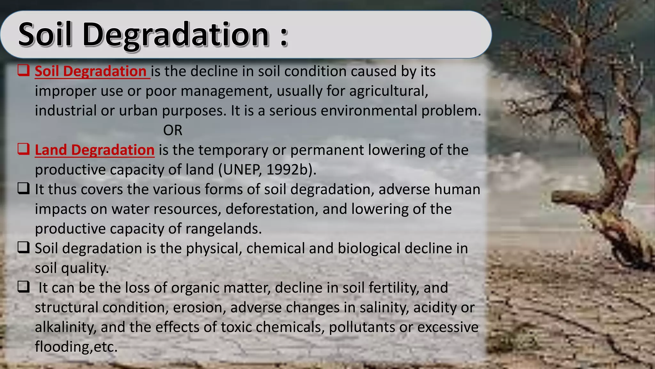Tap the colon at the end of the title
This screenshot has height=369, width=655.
[x=284, y=37]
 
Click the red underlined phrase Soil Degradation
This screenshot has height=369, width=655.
[x=91, y=71]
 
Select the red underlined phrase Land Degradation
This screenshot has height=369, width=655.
[x=94, y=150]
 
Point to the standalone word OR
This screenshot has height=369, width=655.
[x=173, y=130]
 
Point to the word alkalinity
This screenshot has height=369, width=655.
[x=66, y=327]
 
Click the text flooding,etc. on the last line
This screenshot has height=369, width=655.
[x=76, y=347]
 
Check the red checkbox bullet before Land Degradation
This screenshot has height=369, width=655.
[x=24, y=149]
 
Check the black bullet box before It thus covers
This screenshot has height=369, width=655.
[x=24, y=188]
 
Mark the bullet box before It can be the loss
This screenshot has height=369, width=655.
[x=24, y=286]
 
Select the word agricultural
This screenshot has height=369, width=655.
[x=389, y=91]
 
